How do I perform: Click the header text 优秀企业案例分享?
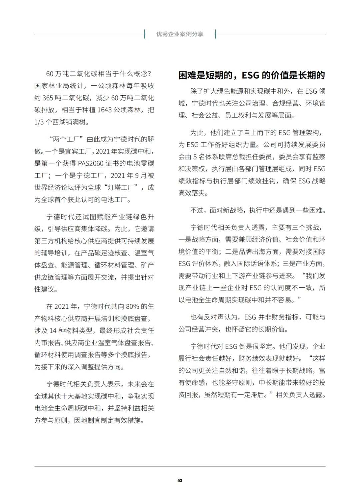[180, 34]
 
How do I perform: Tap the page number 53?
[180, 480]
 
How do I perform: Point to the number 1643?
[104, 110]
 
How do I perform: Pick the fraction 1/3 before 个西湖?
[39, 122]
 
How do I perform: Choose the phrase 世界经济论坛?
[54, 188]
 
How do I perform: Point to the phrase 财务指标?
[285, 317]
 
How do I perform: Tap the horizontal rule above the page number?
[180, 466]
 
